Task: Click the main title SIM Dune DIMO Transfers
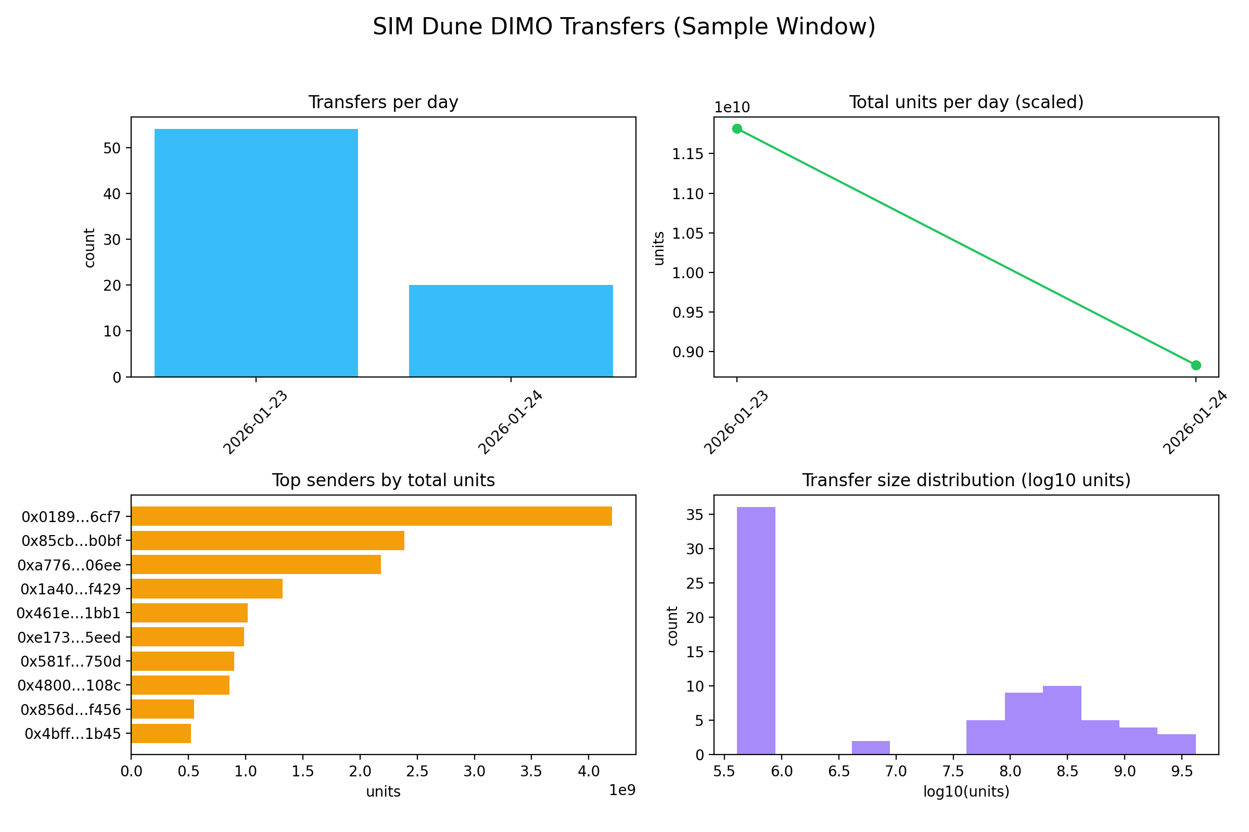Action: click(x=624, y=27)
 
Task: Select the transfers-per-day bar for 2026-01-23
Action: click(x=256, y=253)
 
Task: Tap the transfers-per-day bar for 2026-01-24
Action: click(x=511, y=331)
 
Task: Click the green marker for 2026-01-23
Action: click(x=737, y=128)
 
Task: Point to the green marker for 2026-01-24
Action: click(x=1196, y=365)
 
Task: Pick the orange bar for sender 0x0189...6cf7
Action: click(x=371, y=516)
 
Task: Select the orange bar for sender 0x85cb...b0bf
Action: click(x=267, y=541)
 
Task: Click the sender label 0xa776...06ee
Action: click(x=69, y=565)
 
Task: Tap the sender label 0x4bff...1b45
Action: click(x=73, y=734)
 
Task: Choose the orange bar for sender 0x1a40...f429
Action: click(x=207, y=589)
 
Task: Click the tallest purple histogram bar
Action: click(x=756, y=630)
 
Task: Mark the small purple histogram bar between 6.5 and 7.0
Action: click(x=871, y=748)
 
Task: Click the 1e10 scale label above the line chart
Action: click(x=732, y=108)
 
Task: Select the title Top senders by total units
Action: click(x=384, y=480)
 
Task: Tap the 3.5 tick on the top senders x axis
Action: click(x=531, y=771)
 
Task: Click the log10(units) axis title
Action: click(x=966, y=791)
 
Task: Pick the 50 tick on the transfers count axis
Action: click(x=112, y=148)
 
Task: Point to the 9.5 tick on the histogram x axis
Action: click(x=1182, y=771)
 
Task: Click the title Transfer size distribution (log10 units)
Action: click(x=966, y=480)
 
